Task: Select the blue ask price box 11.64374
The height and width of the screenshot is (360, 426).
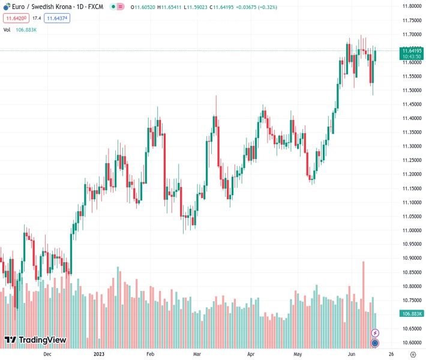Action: pos(57,19)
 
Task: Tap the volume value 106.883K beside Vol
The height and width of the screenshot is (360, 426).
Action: pos(26,29)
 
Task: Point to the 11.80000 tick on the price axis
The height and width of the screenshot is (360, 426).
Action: pos(412,6)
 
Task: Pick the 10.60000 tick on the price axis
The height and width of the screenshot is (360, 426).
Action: pos(412,343)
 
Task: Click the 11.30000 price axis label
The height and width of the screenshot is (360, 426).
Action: pos(412,146)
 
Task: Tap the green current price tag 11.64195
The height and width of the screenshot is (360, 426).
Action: pos(412,51)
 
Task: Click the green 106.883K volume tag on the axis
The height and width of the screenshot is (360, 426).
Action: pos(412,314)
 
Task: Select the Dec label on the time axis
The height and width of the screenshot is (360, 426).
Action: pos(47,354)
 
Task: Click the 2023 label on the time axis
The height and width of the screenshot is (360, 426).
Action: pos(100,354)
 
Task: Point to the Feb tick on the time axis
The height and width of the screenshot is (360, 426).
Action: pos(151,354)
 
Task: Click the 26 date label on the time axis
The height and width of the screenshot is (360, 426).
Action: pos(391,354)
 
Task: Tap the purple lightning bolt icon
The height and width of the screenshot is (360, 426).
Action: pos(376,333)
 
